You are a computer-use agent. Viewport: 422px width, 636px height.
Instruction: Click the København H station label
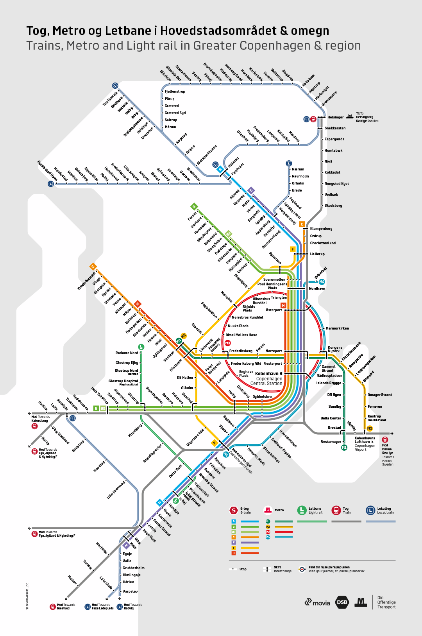[x=268, y=374]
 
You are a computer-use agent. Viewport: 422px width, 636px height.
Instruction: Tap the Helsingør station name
[x=335, y=117]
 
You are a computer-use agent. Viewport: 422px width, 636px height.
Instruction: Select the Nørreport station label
[x=274, y=351]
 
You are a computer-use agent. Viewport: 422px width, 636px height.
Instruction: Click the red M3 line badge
[x=228, y=343]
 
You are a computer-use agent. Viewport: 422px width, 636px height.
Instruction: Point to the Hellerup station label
[x=317, y=254]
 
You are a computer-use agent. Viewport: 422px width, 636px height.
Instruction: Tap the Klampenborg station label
[x=321, y=229]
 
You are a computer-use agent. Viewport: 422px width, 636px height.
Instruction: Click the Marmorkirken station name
[x=337, y=328]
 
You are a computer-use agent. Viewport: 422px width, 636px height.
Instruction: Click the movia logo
[x=317, y=603]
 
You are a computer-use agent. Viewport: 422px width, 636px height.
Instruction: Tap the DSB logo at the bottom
[x=342, y=602]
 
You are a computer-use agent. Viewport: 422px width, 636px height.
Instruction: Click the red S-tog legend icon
[x=233, y=510]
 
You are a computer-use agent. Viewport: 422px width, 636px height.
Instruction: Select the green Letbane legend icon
[x=302, y=510]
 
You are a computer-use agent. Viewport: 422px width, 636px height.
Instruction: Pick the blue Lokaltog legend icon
[x=370, y=510]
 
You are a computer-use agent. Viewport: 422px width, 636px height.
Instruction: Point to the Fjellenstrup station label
[x=175, y=91]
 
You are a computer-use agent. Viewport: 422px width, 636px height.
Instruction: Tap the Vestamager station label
[x=331, y=442]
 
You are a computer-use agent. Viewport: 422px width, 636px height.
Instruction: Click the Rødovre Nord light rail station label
[x=127, y=353]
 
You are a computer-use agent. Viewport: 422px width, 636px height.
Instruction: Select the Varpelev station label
[x=130, y=591]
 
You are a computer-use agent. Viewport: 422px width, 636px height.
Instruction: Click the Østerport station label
[x=274, y=310]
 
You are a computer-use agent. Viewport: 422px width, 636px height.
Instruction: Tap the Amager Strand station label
[x=380, y=395]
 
